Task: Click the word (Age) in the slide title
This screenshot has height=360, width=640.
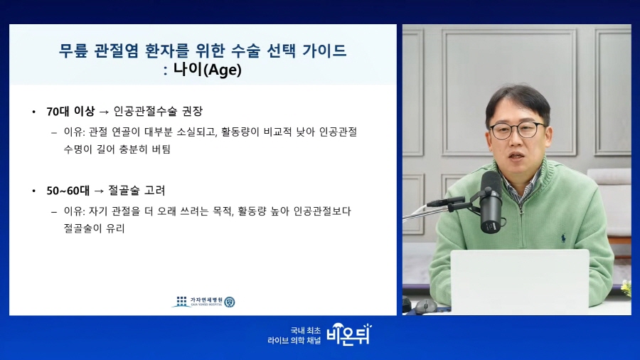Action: (223, 70)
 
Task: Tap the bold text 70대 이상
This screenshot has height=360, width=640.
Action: (70, 112)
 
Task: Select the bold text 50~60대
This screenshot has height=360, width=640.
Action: (68, 191)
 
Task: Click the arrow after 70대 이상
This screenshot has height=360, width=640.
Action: (104, 112)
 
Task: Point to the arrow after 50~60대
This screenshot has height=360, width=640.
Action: (99, 191)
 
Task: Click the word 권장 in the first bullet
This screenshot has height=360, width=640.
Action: (192, 111)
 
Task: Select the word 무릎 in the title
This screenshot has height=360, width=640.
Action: (73, 51)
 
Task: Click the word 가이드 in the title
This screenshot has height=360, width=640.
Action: (324, 51)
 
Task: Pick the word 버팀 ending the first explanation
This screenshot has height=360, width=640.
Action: (161, 149)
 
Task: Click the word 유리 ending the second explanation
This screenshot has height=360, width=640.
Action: (115, 228)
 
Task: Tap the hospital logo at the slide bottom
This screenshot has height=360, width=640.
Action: (203, 302)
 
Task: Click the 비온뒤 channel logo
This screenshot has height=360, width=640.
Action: (349, 334)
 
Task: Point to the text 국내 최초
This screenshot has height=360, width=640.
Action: (306, 331)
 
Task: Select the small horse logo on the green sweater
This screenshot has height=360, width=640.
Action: (563, 238)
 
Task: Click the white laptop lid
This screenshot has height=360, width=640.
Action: (520, 282)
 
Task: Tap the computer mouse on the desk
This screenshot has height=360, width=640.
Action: (426, 306)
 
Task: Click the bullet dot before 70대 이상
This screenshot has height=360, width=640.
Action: (34, 112)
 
